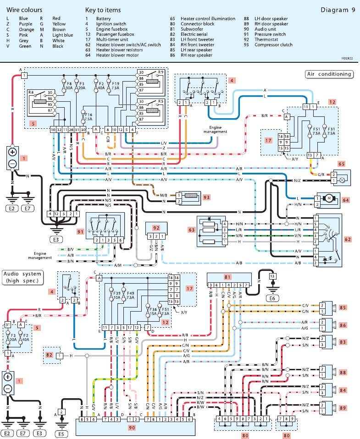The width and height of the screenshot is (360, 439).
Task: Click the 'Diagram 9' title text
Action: tap(337, 10)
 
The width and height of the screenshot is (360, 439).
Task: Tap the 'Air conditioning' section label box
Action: tap(329, 74)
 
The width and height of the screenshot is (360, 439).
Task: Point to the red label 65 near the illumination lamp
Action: tap(341, 163)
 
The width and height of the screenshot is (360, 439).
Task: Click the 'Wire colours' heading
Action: tap(24, 10)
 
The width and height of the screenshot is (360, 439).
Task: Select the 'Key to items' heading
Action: tap(103, 10)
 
